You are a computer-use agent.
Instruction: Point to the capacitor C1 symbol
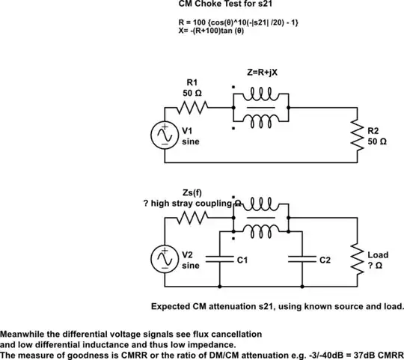218,260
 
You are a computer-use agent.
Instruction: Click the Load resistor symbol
355,260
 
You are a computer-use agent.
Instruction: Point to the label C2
324,260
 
